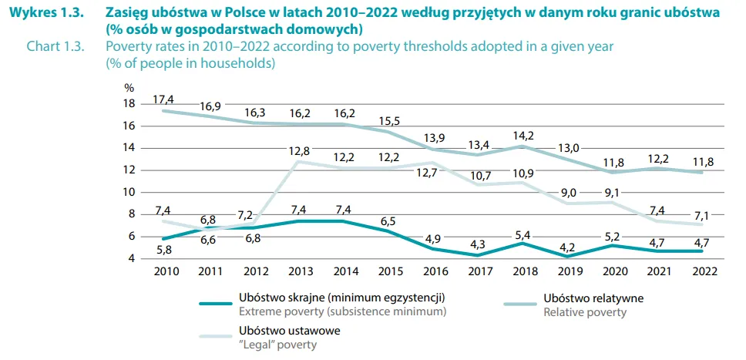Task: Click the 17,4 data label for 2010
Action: point(163,99)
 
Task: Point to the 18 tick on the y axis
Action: point(129,104)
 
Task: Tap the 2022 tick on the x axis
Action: point(705,271)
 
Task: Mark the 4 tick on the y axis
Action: point(132,258)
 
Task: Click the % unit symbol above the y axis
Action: point(129,87)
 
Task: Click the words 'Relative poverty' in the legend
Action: point(584,312)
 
